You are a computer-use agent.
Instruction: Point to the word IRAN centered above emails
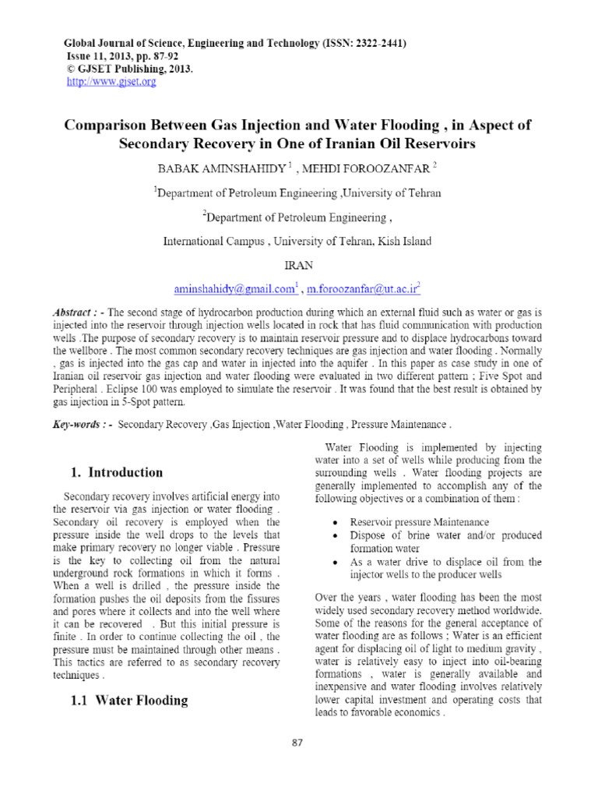(x=299, y=265)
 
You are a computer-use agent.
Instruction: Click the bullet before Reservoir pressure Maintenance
(x=334, y=521)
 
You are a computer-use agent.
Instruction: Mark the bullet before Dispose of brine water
(x=334, y=535)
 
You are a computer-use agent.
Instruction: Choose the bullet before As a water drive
(x=334, y=562)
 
